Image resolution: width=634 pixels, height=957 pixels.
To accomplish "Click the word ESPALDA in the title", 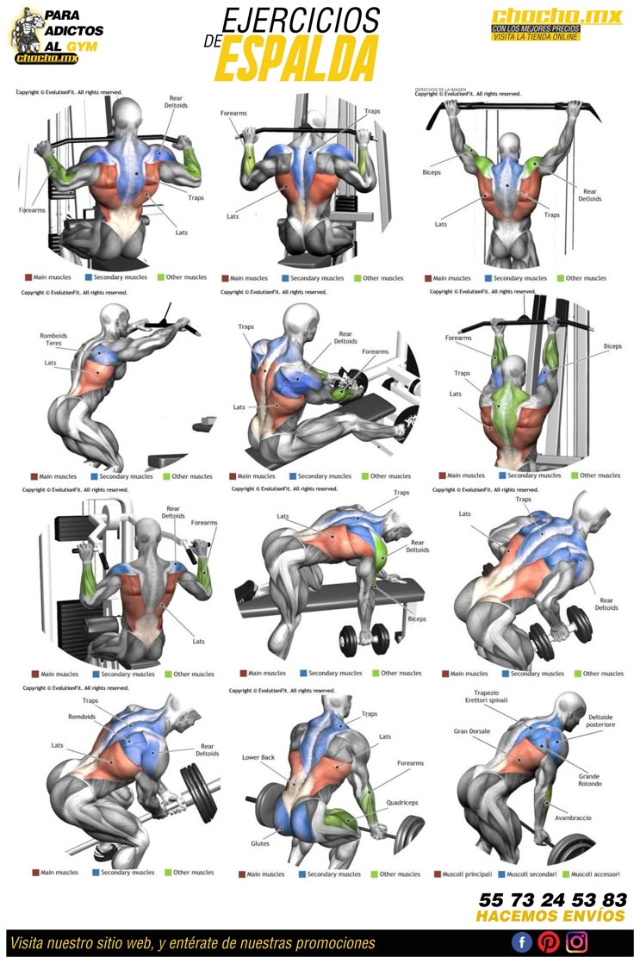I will click(296, 59).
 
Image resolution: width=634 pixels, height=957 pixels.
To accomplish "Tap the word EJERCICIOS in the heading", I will click(301, 20).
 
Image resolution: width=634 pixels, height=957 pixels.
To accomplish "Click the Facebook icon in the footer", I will click(522, 941).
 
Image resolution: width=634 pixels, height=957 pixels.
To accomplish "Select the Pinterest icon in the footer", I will click(549, 941).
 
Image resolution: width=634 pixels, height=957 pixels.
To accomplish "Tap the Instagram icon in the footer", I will click(576, 941).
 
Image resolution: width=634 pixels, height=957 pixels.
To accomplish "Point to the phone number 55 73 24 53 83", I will click(552, 899).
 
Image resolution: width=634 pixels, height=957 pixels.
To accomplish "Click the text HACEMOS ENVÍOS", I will click(550, 916).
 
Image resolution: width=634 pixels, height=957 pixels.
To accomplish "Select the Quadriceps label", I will click(402, 802).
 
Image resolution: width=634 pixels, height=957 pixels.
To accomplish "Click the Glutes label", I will click(260, 843).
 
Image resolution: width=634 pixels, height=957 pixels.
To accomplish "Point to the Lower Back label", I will click(258, 757).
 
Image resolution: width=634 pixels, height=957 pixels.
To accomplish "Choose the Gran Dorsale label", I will click(472, 731).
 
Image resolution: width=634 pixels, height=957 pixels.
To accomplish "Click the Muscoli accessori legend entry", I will click(593, 873).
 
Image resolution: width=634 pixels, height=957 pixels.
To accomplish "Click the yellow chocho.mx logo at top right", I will click(556, 16).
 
